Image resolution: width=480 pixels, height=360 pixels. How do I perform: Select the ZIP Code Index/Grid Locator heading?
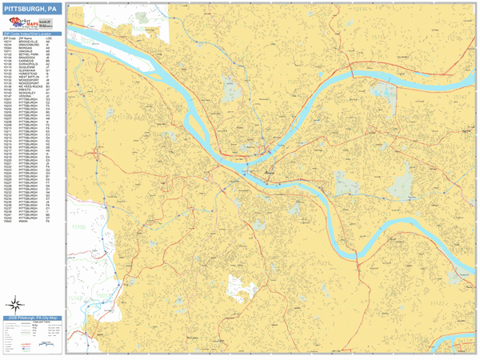31,34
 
